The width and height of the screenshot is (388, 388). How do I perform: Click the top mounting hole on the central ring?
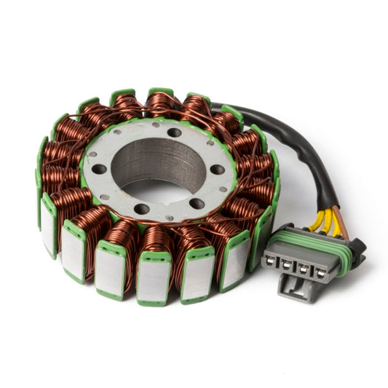click(x=174, y=132)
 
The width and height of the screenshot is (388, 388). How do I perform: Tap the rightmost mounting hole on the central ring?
click(x=217, y=170)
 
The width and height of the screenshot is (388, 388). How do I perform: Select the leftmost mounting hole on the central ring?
click(x=99, y=169)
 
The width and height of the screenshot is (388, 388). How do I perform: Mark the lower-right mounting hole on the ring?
click(x=197, y=204)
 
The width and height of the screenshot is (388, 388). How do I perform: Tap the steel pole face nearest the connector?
click(x=259, y=228)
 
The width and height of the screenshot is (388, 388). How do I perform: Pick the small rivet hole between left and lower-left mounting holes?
click(x=107, y=197)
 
